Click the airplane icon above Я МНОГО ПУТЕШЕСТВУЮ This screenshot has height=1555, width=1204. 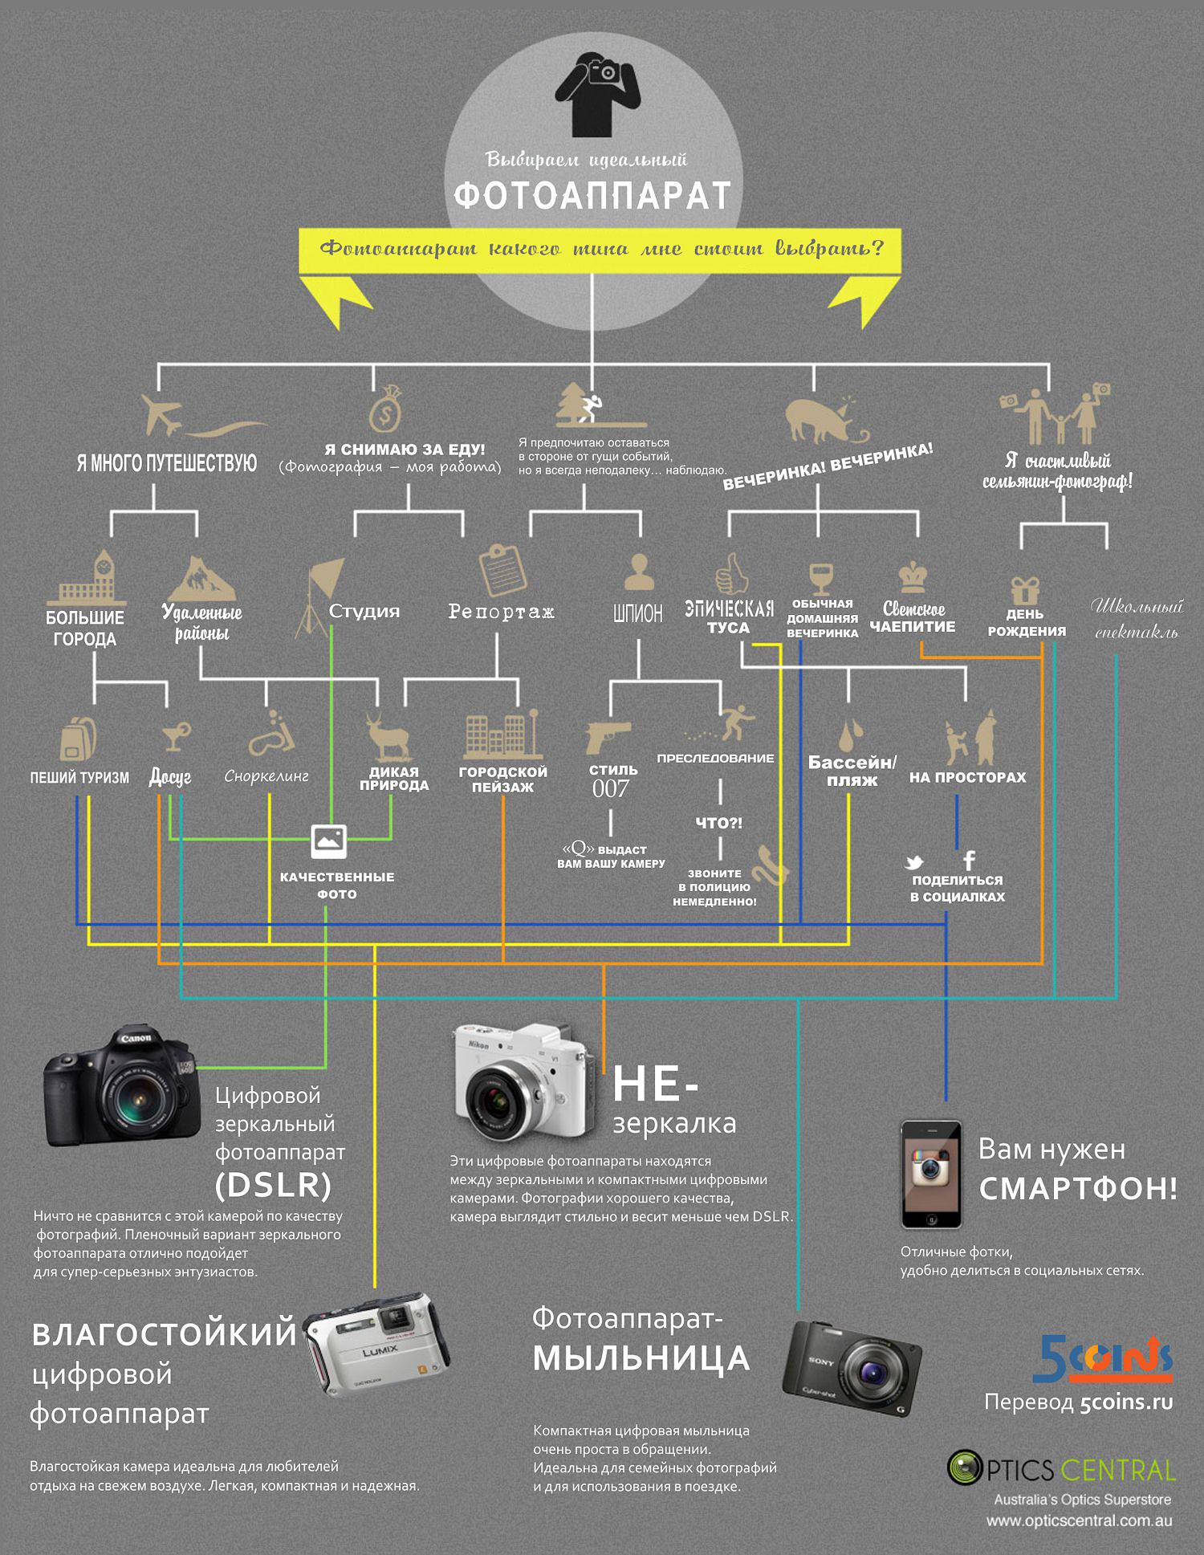coord(163,415)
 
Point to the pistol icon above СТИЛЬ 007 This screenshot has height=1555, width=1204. coord(607,736)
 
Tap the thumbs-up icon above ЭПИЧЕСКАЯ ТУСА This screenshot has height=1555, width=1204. coord(731,573)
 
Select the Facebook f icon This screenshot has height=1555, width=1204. coord(970,861)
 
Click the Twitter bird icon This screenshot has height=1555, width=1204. coord(913,863)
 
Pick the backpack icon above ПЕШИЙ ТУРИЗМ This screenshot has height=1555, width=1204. coord(78,739)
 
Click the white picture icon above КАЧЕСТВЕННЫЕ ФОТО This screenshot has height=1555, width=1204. coord(329,841)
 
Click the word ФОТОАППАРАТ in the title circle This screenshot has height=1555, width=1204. coord(592,195)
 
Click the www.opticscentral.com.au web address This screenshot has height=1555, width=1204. coord(1079,1520)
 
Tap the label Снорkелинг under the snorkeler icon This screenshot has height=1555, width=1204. coord(266,776)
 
